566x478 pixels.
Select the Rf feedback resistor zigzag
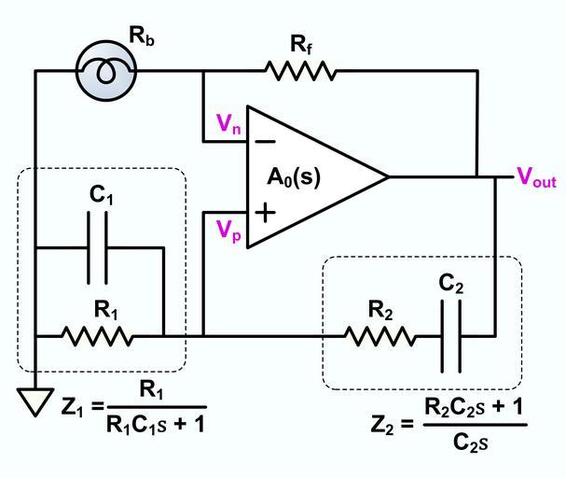coord(299,71)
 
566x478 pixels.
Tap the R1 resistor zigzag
coord(97,335)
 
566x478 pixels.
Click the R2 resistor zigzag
coord(380,335)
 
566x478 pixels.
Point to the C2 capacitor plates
coord(451,335)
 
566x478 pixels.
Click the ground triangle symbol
coord(35,402)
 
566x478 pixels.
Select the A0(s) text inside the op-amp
coord(294,176)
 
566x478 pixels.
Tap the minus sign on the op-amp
coord(265,142)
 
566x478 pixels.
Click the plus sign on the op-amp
coord(266,213)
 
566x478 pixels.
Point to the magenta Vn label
coord(229,123)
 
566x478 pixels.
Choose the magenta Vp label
coord(229,231)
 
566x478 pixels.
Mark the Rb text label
coord(141,37)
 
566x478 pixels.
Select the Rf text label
coord(300,43)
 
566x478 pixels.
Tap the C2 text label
coord(451,284)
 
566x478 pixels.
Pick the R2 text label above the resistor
coord(380,310)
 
